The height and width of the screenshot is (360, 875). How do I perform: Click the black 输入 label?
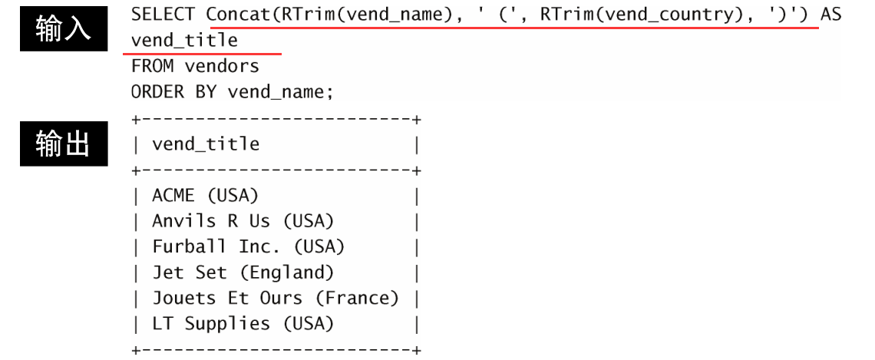(63, 30)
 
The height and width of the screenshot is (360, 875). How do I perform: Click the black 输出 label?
(63, 144)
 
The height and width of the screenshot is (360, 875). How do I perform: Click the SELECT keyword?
(163, 14)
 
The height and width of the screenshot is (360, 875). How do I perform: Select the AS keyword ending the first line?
(830, 14)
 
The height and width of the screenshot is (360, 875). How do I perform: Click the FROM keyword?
(152, 66)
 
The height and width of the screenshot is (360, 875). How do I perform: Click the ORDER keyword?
(157, 92)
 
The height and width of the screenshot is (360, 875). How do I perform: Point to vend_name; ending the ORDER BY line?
(281, 92)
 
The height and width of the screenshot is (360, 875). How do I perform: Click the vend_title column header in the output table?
(206, 144)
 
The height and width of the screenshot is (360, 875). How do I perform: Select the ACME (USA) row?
(206, 196)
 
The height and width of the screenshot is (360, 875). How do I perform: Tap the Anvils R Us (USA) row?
(243, 221)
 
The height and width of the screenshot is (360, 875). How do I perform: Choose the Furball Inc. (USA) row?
(249, 247)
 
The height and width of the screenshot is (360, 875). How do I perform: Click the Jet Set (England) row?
(243, 272)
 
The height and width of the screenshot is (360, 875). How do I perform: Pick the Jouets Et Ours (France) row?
(276, 299)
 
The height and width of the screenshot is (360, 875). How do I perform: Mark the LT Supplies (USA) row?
(243, 324)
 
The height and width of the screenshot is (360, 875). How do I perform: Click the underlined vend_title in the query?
(184, 40)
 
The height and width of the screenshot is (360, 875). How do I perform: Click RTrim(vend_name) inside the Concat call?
(356, 14)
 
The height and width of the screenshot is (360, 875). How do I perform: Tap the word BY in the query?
(206, 92)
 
